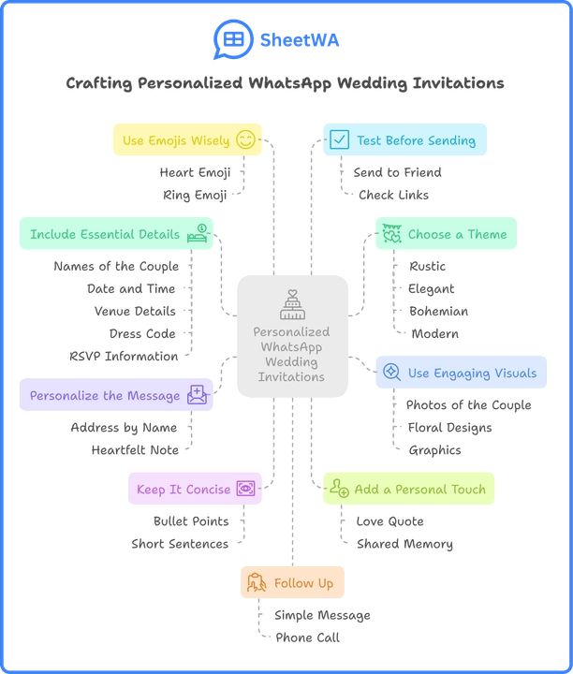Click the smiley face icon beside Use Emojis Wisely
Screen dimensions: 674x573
click(x=245, y=140)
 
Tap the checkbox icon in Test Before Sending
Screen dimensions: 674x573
click(x=339, y=140)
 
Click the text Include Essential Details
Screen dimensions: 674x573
click(x=104, y=234)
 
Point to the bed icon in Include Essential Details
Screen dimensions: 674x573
click(x=198, y=233)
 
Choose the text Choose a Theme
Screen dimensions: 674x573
click(x=457, y=234)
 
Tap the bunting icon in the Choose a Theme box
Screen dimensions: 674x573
click(x=391, y=234)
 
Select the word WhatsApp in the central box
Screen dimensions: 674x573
click(x=292, y=346)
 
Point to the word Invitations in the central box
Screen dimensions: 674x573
click(x=292, y=376)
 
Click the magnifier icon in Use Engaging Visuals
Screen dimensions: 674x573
click(x=392, y=373)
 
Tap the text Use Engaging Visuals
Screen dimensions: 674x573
click(x=473, y=373)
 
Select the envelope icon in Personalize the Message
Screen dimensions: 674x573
click(x=198, y=395)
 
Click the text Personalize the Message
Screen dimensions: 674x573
click(x=104, y=395)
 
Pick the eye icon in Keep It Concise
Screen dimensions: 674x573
click(x=245, y=489)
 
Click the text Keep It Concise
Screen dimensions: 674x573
click(x=183, y=489)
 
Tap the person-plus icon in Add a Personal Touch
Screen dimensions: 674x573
click(x=339, y=489)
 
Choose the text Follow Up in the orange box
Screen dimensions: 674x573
click(x=303, y=582)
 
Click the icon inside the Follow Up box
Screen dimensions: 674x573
click(x=257, y=582)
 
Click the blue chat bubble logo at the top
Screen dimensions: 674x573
click(x=228, y=39)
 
